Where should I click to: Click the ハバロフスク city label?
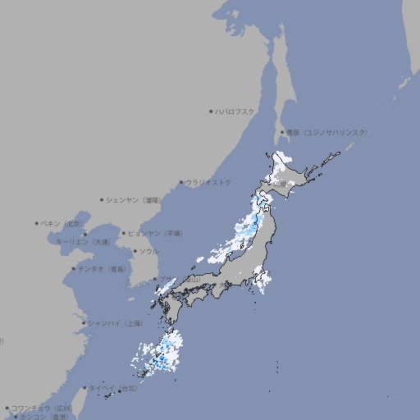[x=235, y=111]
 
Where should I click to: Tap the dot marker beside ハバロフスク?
[x=211, y=111]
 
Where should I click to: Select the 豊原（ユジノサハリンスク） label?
[x=326, y=132]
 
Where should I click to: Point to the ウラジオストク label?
[x=208, y=182]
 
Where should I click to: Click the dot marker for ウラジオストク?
[x=181, y=182]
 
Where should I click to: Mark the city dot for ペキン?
[x=37, y=223]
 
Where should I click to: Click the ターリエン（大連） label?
[x=82, y=242]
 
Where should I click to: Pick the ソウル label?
[x=148, y=251]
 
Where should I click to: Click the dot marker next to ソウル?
[x=134, y=251]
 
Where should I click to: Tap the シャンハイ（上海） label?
[x=114, y=323]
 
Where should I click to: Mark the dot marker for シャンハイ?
[x=84, y=323]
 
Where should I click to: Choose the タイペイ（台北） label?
[x=113, y=388]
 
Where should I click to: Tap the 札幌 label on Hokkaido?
[x=281, y=184]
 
